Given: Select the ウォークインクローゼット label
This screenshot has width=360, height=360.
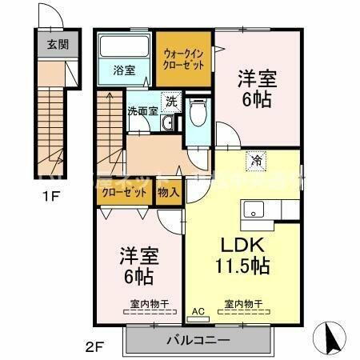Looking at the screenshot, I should [184, 59].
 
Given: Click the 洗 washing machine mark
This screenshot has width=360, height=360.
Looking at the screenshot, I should [171, 102].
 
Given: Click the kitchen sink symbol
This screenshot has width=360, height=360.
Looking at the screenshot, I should [254, 212].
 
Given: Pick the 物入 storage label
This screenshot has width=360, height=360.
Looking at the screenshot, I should [169, 193].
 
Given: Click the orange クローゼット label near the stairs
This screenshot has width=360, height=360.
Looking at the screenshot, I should [124, 193].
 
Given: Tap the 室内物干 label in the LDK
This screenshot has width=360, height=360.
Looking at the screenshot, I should [243, 303].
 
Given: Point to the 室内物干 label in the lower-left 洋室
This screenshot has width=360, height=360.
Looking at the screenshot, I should [145, 303].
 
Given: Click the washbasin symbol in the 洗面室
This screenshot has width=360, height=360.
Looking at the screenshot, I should [166, 124].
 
